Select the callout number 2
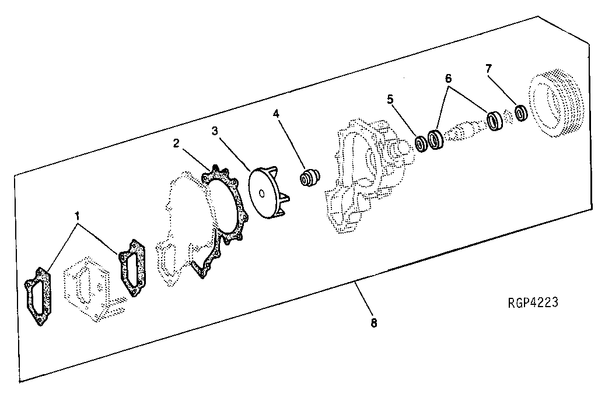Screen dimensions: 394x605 [176, 143]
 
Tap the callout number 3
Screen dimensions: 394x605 [215, 132]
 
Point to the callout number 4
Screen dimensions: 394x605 [277, 114]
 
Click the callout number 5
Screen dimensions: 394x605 [390, 99]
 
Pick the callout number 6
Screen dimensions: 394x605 [448, 77]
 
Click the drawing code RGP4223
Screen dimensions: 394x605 [533, 303]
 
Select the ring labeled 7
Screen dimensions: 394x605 [521, 112]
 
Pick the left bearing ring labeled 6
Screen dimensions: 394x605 [435, 139]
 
